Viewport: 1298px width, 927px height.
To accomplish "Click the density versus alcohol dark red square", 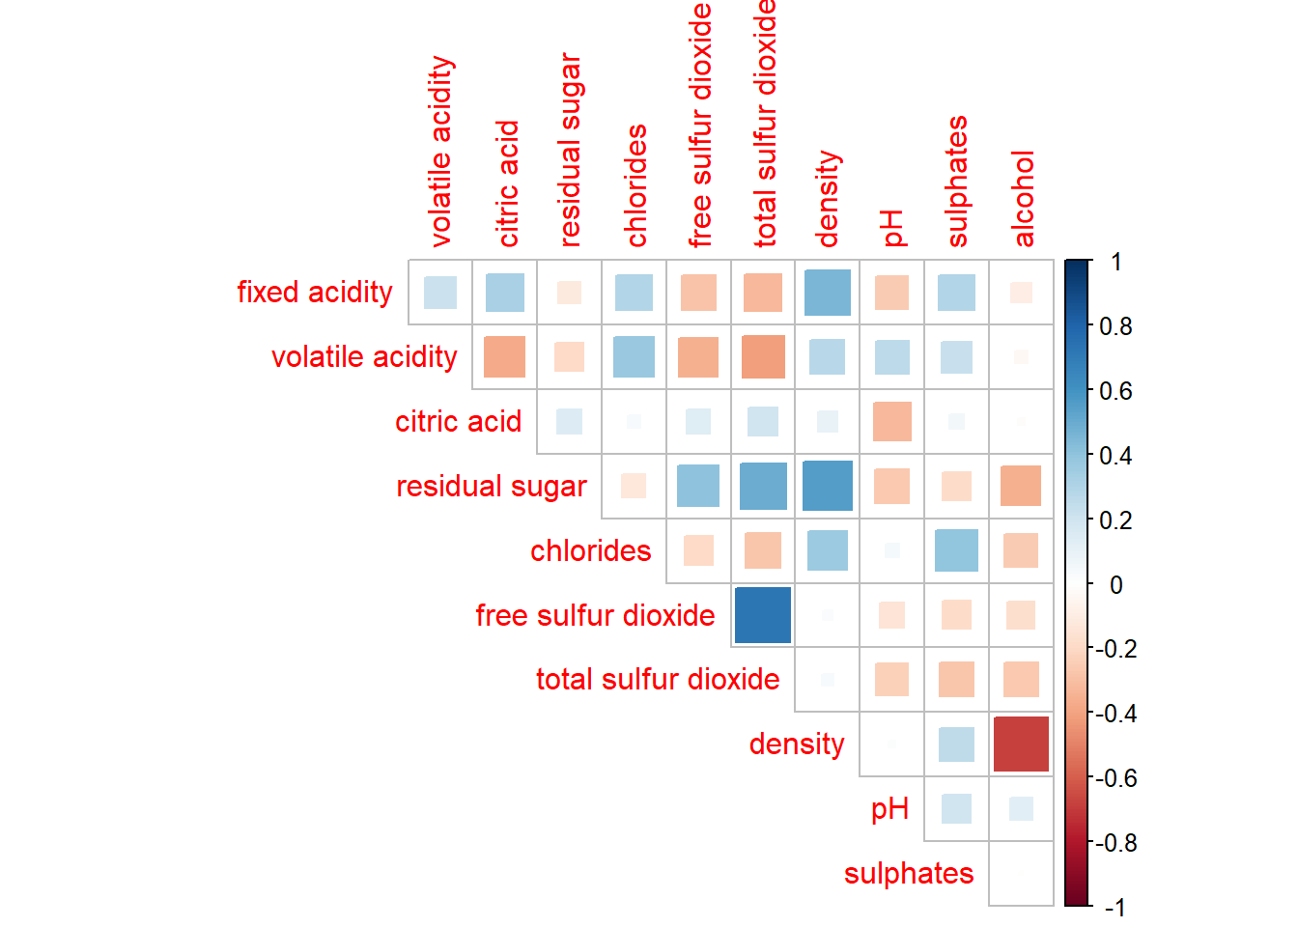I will tap(1021, 744).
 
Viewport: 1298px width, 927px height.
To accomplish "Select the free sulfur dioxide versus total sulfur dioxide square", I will tap(763, 615).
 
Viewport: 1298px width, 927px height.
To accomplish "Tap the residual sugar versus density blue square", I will tap(828, 486).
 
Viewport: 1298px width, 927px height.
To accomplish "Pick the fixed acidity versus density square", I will tap(828, 293).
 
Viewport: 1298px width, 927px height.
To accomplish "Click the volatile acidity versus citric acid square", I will tap(504, 357).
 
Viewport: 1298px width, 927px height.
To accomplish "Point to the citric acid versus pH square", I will tap(891, 421).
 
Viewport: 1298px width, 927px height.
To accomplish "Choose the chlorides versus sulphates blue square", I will tap(956, 550).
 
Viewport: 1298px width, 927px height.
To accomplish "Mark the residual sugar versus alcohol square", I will tap(1021, 486).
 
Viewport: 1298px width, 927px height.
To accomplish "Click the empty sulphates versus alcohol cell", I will tap(1021, 873).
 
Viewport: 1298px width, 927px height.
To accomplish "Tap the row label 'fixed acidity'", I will tap(315, 293).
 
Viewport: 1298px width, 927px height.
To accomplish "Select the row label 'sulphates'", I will tap(908, 873).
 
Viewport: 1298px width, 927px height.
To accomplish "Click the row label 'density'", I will tap(797, 744).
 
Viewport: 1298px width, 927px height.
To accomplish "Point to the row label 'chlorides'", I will tap(590, 550).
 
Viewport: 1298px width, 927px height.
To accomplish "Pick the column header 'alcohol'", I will tap(1023, 199).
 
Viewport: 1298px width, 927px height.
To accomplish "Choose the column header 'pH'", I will tap(893, 228).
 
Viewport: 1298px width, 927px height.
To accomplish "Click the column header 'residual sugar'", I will tap(570, 150).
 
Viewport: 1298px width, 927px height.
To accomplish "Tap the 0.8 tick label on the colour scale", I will tap(1115, 326).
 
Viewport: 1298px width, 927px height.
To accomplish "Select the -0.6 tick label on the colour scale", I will tap(1115, 778).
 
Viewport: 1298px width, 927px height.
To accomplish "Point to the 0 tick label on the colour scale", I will tap(1116, 584).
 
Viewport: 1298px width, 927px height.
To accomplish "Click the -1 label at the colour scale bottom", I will tap(1115, 908).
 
